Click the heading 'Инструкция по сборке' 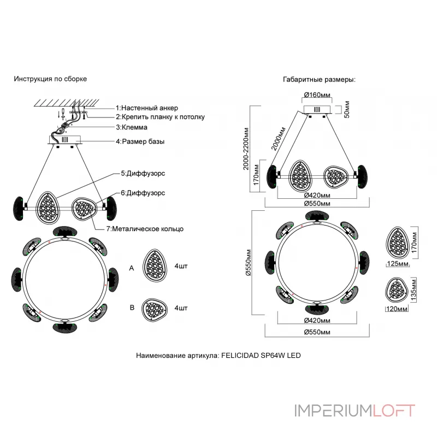click(50, 79)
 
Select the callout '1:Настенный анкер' click(147, 108)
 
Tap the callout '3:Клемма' click(132, 127)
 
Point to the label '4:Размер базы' click(140, 141)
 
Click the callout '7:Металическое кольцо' click(145, 229)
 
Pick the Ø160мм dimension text click(317, 95)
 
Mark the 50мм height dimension click(346, 110)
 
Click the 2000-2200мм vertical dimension click(245, 149)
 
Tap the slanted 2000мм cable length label click(278, 139)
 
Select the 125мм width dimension click(398, 264)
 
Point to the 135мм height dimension click(414, 290)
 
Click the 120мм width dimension click(397, 309)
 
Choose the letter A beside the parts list click(132, 268)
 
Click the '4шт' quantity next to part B click(181, 308)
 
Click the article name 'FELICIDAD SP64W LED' click(261, 356)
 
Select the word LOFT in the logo click(394, 411)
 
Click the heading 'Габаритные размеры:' click(319, 80)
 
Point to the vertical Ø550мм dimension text click(249, 262)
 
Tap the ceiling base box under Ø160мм click(317, 110)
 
